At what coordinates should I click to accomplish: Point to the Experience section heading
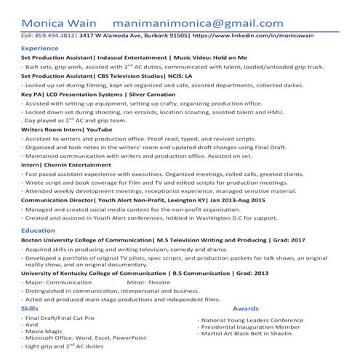(x=40, y=48)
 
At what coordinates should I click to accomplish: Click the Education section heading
(x=38, y=230)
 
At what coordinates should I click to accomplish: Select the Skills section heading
(x=30, y=309)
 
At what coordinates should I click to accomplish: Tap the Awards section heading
(x=245, y=309)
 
